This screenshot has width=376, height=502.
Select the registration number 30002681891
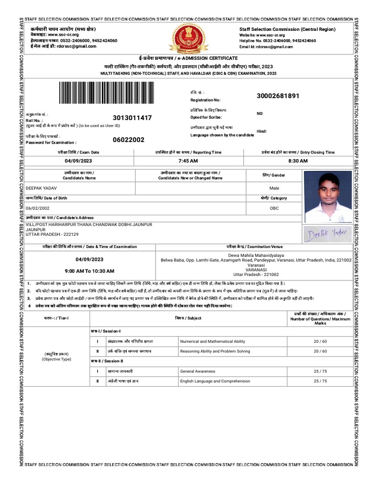pos(278,96)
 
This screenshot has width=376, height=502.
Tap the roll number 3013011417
pos(132,118)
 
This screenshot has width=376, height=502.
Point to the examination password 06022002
pos(129,140)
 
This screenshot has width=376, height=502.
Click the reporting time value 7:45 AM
pos(188,161)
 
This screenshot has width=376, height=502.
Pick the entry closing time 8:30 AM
pos(298,161)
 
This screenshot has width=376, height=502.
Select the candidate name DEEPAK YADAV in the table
pos(42,188)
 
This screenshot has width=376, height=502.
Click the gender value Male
pos(274,188)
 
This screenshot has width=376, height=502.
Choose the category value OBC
pos(274,208)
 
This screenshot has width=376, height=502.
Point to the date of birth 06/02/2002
pos(39,208)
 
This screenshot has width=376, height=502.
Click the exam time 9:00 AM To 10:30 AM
pos(90,271)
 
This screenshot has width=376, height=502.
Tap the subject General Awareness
pos(198,371)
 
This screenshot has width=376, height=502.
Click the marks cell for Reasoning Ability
pos(320,351)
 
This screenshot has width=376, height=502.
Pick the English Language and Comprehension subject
pos(215,381)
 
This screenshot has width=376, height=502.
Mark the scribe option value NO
pos(259,113)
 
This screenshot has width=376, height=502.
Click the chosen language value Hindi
pos(261,131)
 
